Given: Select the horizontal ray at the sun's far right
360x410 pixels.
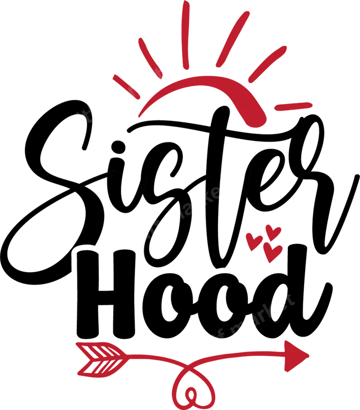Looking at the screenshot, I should tap(292, 106).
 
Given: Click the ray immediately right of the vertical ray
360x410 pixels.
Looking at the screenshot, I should tap(231, 40).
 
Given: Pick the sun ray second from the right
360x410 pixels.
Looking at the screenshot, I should tap(268, 64).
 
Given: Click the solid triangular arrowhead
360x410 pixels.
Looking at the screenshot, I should tap(295, 355).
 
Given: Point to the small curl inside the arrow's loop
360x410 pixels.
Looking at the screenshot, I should tap(190, 395).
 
